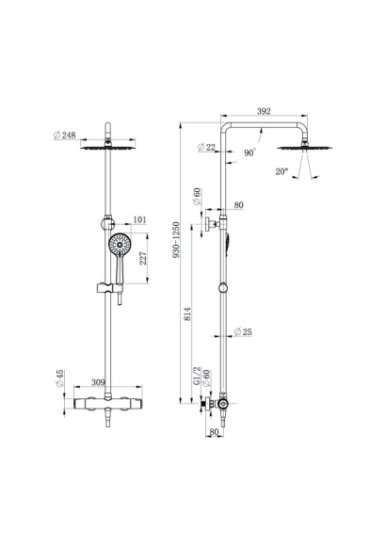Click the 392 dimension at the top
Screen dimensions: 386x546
(264, 111)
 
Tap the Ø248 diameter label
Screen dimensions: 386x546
(65, 136)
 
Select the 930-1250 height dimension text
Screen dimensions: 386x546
(177, 239)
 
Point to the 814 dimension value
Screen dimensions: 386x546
(187, 313)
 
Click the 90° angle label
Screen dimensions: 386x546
(249, 153)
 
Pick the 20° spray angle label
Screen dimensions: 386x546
(281, 171)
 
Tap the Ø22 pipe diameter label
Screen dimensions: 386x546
(206, 147)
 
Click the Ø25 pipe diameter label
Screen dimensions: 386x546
(243, 332)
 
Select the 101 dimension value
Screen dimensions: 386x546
(139, 219)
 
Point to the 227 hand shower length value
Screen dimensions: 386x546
(143, 258)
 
